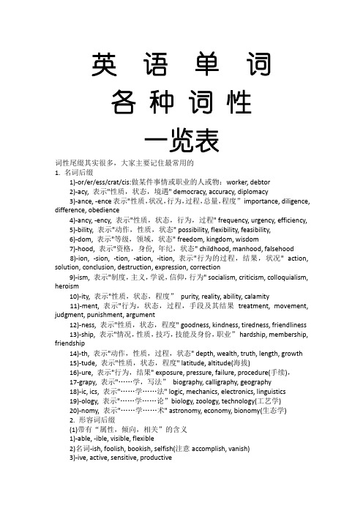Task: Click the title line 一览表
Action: pyautogui.click(x=181, y=138)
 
